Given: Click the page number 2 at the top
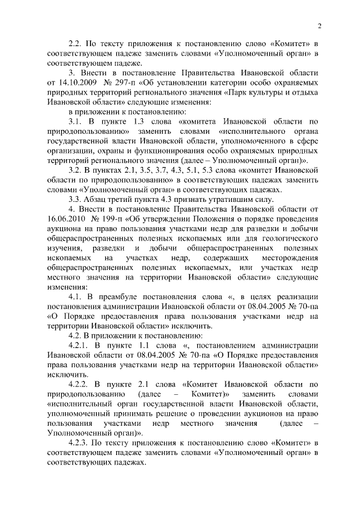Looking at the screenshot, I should [319, 26].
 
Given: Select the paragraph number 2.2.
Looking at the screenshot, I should [75, 44].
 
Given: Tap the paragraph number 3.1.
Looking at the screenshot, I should [75, 122].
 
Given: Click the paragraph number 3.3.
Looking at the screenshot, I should [75, 200].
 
